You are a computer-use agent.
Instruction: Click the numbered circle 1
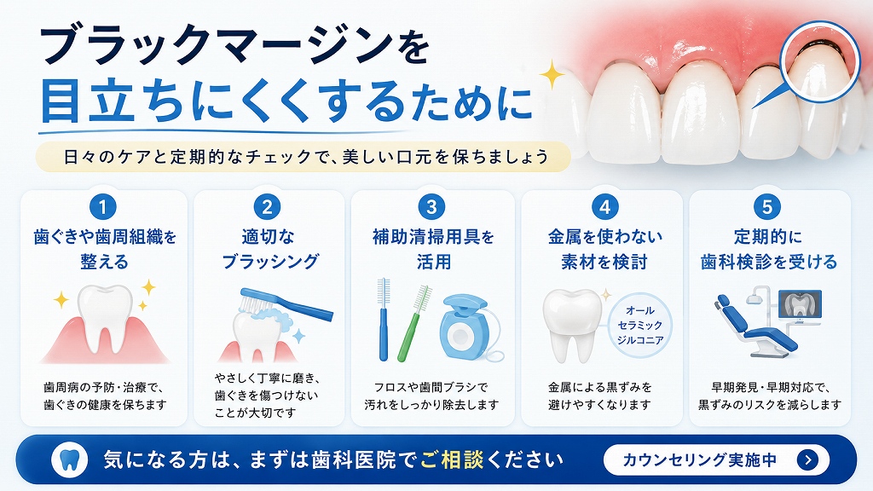click(103, 207)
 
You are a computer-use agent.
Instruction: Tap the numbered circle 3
click(431, 207)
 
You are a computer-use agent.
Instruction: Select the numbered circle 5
click(767, 207)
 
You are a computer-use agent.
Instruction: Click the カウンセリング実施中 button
click(716, 459)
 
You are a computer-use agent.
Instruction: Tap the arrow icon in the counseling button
click(808, 459)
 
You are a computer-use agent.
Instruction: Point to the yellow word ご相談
click(452, 459)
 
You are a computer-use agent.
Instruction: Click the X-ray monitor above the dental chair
click(800, 305)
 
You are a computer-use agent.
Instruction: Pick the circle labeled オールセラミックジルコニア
click(639, 325)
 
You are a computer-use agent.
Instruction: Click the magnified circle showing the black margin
click(820, 62)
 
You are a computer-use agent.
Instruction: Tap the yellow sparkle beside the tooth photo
click(552, 75)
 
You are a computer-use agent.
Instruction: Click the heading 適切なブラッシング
click(270, 249)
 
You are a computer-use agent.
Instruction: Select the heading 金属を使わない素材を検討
click(604, 249)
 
